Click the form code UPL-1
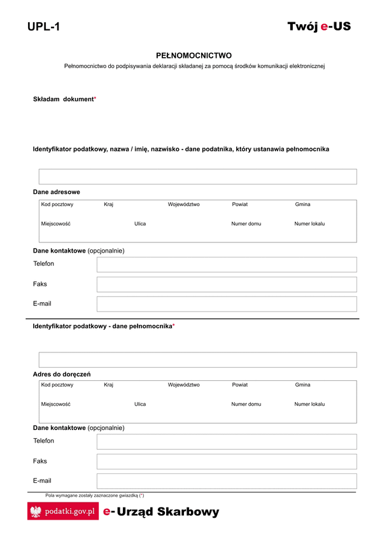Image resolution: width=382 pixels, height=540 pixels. [x=43, y=27]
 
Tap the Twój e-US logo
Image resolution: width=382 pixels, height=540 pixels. [x=319, y=26]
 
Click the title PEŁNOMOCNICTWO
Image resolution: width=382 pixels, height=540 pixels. [x=194, y=55]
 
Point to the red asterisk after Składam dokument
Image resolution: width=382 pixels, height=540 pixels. [x=95, y=99]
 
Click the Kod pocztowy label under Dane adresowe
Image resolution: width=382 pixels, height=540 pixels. [x=57, y=205]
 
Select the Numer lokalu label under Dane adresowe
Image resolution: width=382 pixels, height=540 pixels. [x=309, y=224]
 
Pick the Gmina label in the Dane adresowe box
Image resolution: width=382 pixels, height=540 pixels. [x=302, y=205]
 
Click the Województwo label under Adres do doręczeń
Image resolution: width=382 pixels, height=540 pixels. [x=184, y=385]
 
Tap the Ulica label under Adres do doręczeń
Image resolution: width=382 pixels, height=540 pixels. [x=140, y=404]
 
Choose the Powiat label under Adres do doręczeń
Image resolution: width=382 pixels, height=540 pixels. [x=240, y=385]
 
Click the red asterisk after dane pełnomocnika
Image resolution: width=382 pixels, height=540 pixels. [x=174, y=326]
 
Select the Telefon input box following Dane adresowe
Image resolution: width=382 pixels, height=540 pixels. [x=227, y=265]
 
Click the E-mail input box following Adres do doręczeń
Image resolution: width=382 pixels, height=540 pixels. [x=227, y=481]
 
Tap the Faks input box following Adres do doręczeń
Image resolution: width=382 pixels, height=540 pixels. [x=227, y=462]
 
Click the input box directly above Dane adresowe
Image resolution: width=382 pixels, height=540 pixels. [x=197, y=177]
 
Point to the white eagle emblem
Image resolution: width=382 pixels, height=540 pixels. [x=36, y=511]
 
